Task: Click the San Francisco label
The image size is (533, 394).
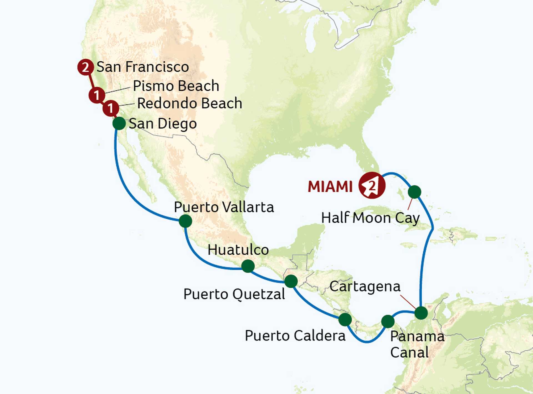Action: tap(143, 67)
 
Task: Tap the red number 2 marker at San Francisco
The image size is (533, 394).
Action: tap(85, 67)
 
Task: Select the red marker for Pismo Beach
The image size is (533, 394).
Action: tap(97, 95)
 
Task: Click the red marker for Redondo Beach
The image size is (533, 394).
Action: tap(111, 108)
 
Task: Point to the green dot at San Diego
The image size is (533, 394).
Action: tap(119, 123)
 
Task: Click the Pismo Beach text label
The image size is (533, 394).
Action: tap(176, 86)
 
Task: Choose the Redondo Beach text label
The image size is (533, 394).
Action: tap(190, 103)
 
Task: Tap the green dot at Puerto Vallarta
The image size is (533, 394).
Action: tap(185, 221)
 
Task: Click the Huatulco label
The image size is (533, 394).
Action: tap(238, 250)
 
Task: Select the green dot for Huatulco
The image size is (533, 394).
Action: tap(248, 266)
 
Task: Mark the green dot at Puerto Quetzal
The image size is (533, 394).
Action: tap(291, 281)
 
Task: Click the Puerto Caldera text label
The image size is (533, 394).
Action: tap(295, 336)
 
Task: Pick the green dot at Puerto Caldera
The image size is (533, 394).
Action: tap(345, 320)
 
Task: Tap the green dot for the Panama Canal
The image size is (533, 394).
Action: tap(388, 322)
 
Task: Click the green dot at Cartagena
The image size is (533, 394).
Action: tap(421, 313)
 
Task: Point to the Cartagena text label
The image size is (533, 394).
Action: tap(365, 287)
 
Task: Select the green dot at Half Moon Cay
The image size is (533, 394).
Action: tap(414, 192)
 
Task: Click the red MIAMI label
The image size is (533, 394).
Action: tap(330, 187)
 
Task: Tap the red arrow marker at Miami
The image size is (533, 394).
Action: tap(372, 185)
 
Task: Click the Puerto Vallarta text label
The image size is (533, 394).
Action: tap(224, 207)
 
